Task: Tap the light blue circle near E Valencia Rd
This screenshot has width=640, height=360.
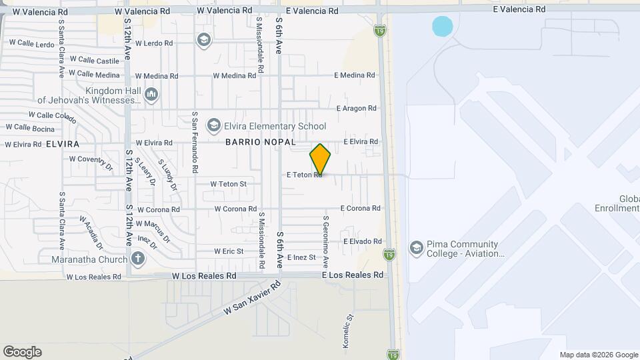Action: (443, 27)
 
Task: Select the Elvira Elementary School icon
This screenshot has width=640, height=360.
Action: (213, 125)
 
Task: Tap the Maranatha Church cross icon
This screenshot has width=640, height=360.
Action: (137, 258)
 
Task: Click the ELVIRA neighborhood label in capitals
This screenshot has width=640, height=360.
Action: (63, 144)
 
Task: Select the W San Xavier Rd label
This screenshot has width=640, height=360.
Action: (252, 299)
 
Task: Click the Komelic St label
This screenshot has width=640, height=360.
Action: (348, 325)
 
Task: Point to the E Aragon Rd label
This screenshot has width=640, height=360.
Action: (357, 108)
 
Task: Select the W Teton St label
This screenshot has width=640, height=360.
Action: (229, 184)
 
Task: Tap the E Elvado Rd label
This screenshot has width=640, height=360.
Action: (362, 241)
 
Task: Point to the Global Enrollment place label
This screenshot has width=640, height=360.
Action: (620, 204)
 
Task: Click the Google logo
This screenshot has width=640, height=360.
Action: (22, 352)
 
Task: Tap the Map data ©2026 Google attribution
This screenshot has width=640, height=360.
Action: (599, 355)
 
